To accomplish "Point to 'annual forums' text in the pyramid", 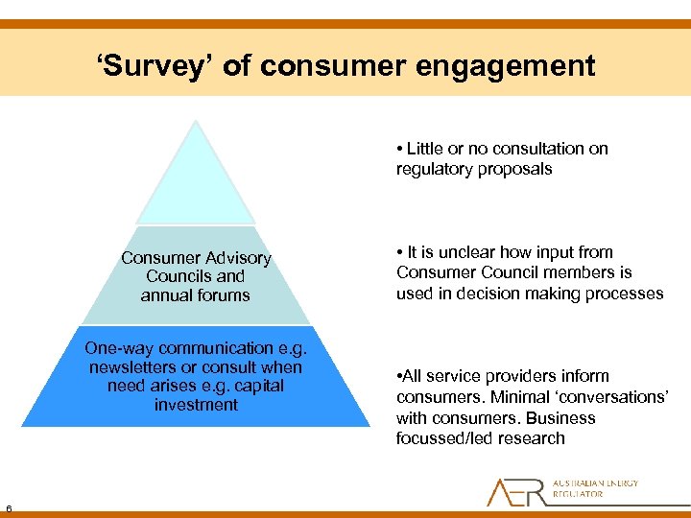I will tap(195, 295).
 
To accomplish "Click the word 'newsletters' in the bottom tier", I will tap(131, 367).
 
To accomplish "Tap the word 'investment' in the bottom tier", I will tap(196, 405).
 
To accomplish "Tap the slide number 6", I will tap(7, 508).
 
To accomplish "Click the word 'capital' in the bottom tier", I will tap(258, 386).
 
